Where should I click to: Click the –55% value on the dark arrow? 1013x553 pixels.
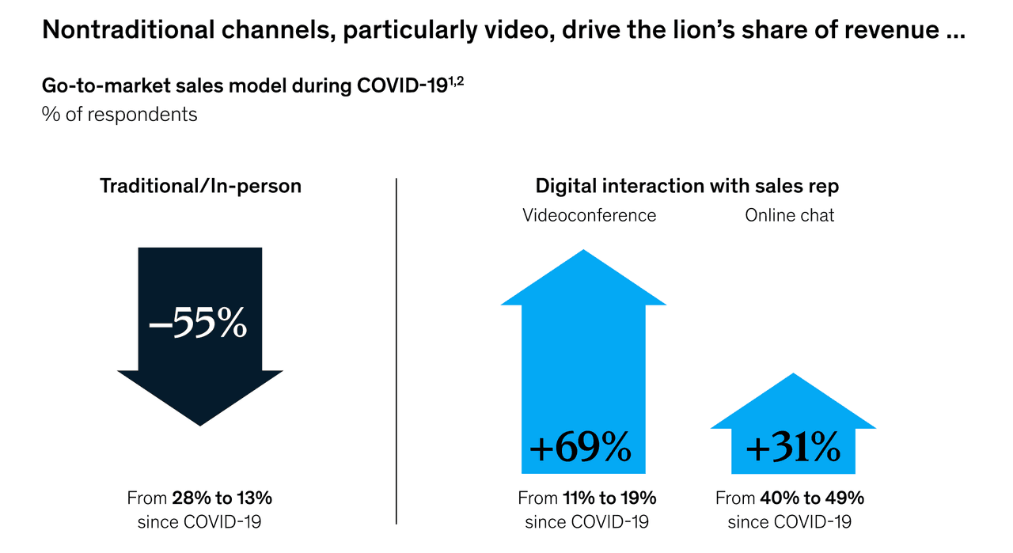coord(199,325)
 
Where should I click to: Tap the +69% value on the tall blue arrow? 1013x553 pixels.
coord(582,449)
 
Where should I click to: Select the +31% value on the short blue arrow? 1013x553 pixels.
coord(792,449)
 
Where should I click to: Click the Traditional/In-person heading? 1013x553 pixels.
coord(200,187)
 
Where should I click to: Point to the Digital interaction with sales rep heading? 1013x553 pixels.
coord(687,187)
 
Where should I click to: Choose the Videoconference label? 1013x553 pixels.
coord(589,215)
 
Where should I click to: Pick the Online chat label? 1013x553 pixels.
coord(789,215)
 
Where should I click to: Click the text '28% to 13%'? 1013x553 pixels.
coord(222,498)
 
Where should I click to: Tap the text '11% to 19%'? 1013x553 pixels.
coord(609,498)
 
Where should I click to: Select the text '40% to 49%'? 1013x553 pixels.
coord(811,498)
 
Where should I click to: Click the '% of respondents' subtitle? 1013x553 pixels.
coord(120,114)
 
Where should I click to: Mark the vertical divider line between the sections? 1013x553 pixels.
coord(396,351)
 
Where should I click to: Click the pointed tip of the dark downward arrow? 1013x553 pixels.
coord(199,425)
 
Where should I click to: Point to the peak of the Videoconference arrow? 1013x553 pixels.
coord(583,252)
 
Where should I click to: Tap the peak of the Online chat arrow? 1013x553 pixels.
coord(792,374)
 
